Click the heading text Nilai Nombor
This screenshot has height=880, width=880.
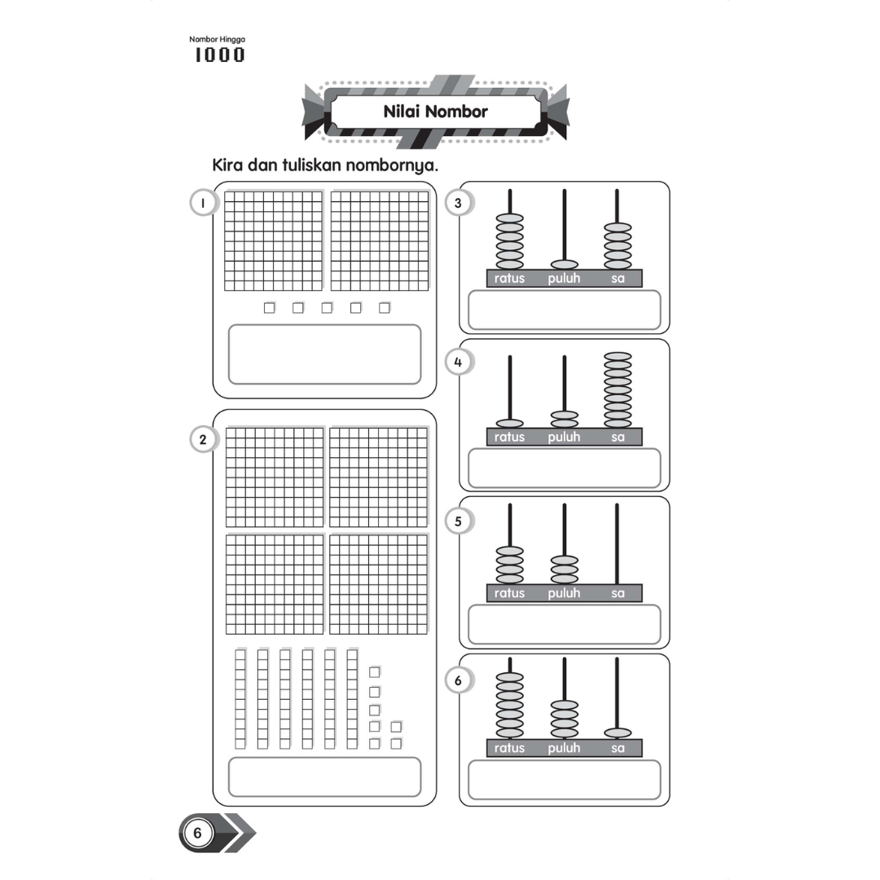pos(435,112)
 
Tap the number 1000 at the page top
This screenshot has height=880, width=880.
pos(219,55)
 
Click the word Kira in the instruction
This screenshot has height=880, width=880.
pos(229,165)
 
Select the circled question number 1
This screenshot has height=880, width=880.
pos(201,203)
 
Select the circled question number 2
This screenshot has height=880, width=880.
pos(201,440)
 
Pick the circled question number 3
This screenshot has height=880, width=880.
pos(458,203)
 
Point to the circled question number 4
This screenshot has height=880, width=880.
pos(458,362)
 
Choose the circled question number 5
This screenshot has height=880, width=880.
pos(458,521)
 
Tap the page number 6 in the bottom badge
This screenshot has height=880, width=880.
pos(197,833)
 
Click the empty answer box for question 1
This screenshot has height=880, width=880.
pos(324,354)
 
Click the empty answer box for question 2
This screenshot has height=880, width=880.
pos(324,777)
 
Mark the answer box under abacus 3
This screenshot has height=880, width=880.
pos(564,310)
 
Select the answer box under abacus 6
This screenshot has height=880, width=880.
pos(564,780)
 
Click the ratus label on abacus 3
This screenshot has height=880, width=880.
pos(510,279)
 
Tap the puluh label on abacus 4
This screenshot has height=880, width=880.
pos(564,438)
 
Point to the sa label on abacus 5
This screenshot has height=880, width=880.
pos(618,593)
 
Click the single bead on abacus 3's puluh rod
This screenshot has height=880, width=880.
pos(564,265)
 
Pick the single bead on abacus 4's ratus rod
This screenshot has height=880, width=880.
pos(510,424)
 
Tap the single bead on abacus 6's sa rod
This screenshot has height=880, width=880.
pos(618,733)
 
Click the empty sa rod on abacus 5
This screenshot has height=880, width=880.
pos(618,542)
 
